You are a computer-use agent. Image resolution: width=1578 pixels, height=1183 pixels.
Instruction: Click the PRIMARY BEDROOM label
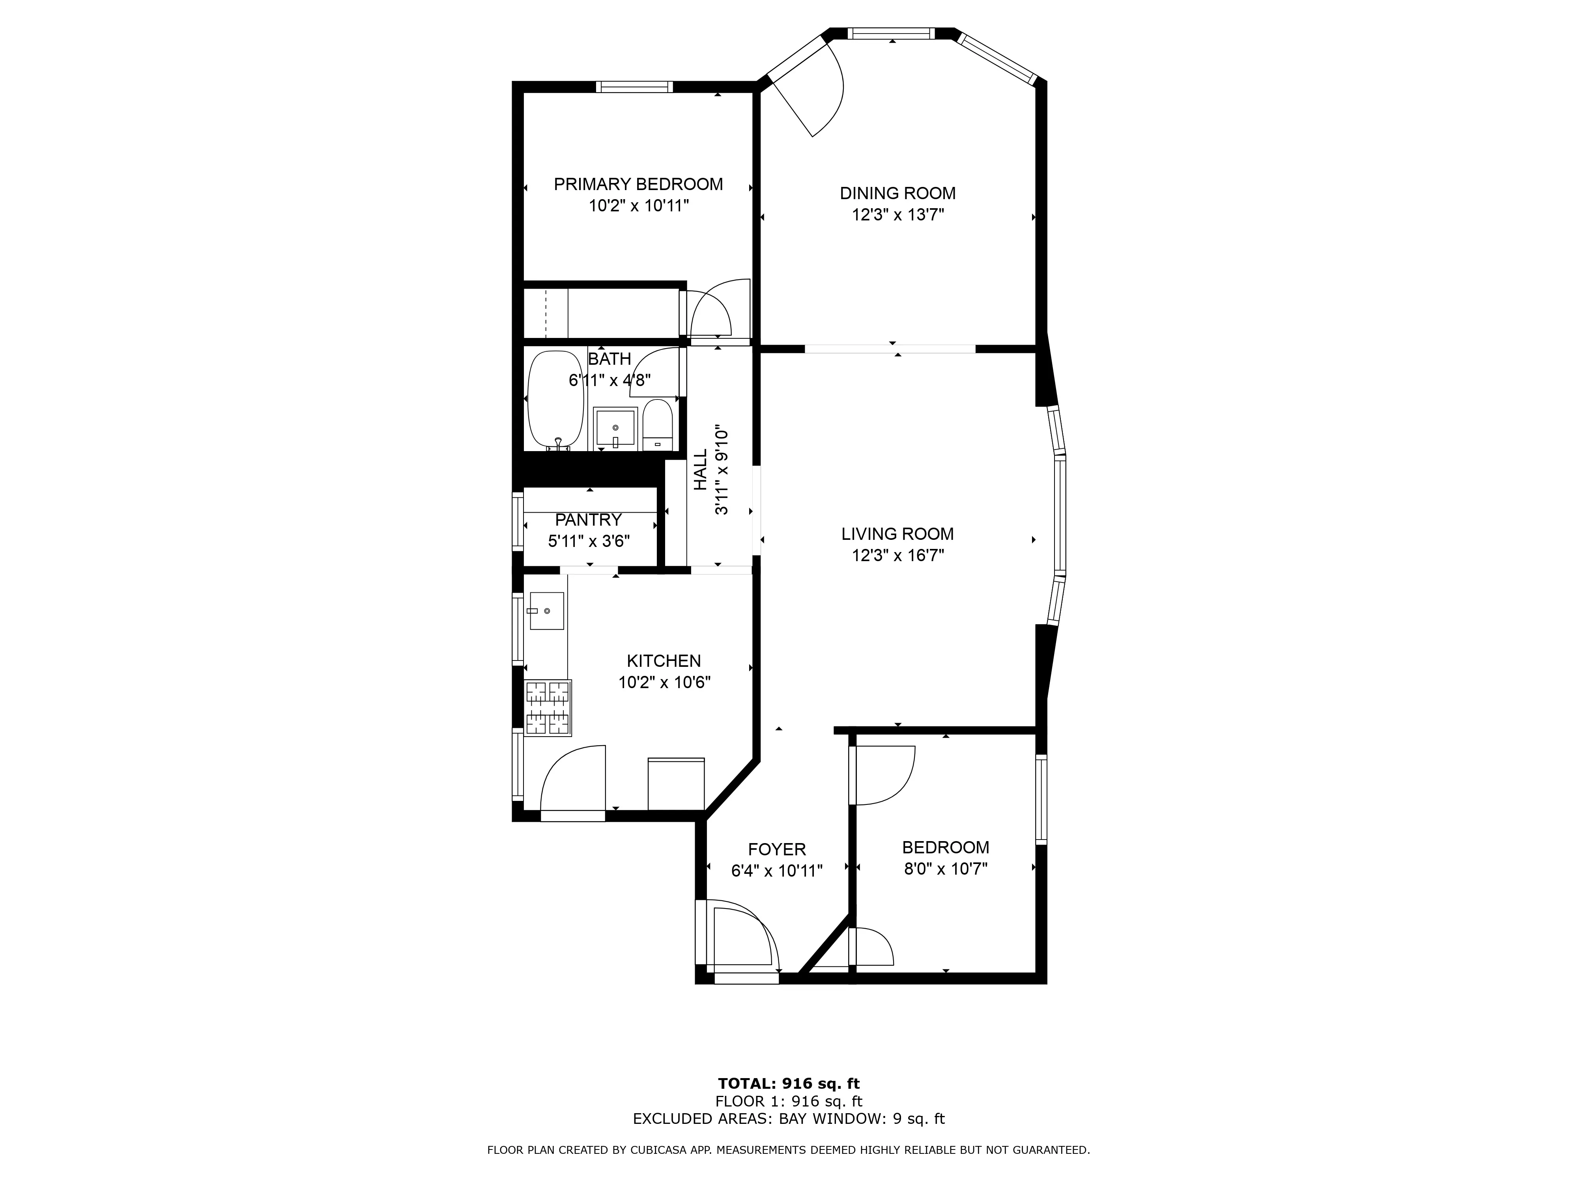click(x=638, y=184)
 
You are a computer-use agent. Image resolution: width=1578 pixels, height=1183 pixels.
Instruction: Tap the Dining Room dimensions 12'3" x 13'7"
click(x=897, y=215)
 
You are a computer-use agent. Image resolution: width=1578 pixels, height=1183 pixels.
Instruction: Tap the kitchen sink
click(x=546, y=611)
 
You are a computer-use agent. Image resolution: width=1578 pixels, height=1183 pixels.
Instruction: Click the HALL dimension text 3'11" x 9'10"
click(x=722, y=470)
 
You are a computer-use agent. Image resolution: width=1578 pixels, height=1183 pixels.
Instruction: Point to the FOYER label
click(x=777, y=849)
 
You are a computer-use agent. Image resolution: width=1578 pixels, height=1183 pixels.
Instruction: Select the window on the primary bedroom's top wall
click(x=634, y=87)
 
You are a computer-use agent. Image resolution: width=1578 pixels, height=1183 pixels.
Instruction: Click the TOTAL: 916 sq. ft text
click(x=788, y=1084)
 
